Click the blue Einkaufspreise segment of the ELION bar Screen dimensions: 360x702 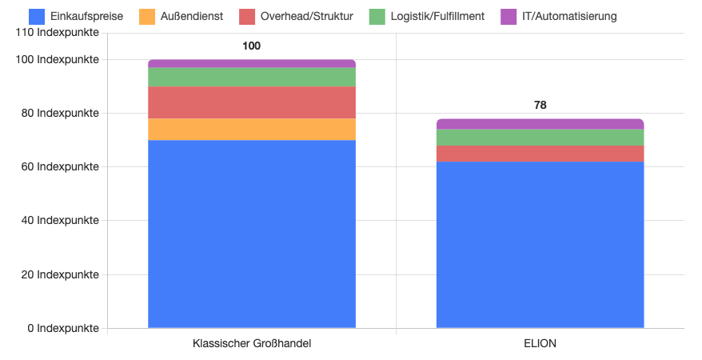540,244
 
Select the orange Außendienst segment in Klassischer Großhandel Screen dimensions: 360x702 252,129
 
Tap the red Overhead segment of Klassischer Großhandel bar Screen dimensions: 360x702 252,102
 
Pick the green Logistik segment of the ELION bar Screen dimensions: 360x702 540,137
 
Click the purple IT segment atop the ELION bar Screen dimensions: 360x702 540,124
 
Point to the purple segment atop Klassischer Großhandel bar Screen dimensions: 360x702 252,63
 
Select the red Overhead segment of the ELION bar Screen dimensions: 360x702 540,153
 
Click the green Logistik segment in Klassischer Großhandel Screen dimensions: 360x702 252,77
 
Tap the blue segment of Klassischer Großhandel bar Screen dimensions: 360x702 252,234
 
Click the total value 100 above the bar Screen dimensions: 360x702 252,46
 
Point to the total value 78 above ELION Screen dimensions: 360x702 540,105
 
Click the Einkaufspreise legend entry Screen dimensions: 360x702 75,16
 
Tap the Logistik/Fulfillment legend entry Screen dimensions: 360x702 427,16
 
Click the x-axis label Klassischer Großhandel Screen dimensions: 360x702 252,344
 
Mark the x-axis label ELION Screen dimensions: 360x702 540,344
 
